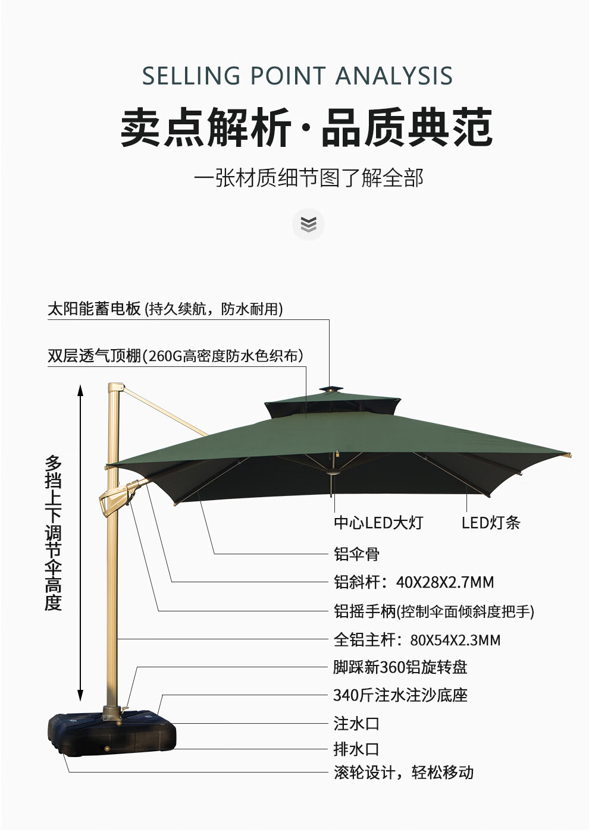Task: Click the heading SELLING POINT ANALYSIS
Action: tap(297, 76)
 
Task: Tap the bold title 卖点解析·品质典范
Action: tap(306, 127)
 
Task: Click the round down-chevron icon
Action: tap(308, 224)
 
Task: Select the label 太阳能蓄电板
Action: tap(94, 309)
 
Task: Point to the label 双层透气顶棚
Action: tap(94, 356)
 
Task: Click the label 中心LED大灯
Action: tap(378, 523)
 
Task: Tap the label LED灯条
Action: tap(491, 523)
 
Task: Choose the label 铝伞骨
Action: tap(356, 554)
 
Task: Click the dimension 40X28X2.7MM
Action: tap(445, 582)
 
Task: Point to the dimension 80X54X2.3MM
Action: tap(455, 640)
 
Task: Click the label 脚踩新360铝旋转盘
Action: tap(400, 667)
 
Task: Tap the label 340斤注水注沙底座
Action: tap(400, 695)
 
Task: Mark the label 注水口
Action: tap(356, 724)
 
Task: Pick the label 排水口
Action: tap(356, 749)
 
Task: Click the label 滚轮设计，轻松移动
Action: tap(403, 773)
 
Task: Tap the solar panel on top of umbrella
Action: tap(331, 390)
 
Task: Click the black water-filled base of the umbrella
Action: tap(113, 734)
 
